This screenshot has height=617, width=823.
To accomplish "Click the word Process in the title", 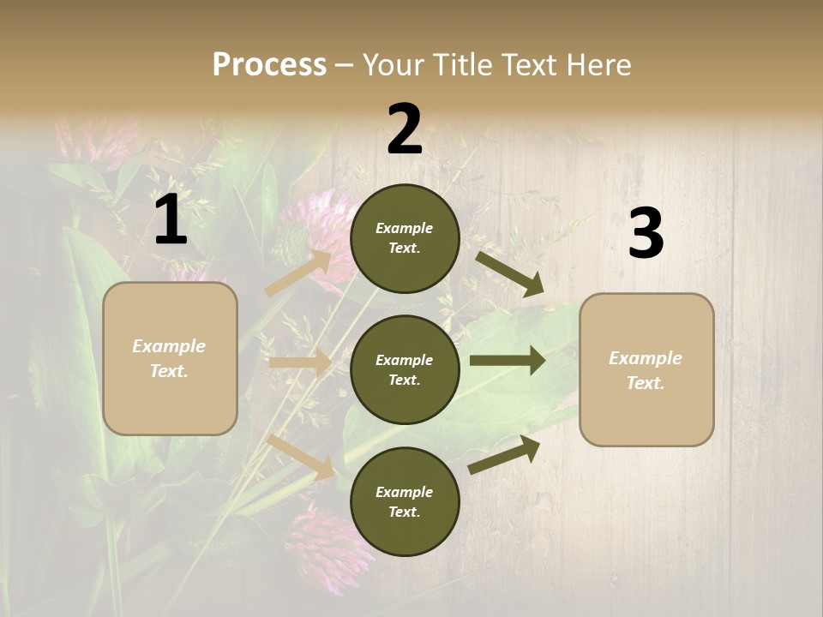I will pos(269,65).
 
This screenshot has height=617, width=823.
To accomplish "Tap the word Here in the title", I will pos(597,65).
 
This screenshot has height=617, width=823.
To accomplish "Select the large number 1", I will pos(171,220).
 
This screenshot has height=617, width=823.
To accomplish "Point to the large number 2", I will pos(405,129).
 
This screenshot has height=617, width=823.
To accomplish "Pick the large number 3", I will pos(646,234).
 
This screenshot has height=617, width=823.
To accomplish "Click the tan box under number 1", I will pos(170,358).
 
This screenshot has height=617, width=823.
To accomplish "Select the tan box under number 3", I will pos(646,370).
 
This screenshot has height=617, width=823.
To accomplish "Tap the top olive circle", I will pos(405,238).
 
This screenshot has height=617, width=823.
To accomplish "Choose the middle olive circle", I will pos(405,369).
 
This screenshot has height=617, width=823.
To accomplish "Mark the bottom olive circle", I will pos(405,501).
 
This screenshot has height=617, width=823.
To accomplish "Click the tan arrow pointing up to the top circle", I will pos(298,273).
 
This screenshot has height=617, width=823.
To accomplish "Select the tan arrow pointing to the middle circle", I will pos(300,362).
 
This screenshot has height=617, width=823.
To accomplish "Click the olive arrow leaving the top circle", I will pos(510,273).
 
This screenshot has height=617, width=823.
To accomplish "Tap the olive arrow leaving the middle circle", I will pos(508,361).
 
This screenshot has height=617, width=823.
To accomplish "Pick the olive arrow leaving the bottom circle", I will pos(505,453).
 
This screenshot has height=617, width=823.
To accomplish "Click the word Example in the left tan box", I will pos(169,346).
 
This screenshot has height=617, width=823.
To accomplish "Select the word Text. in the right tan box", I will pos(646,383).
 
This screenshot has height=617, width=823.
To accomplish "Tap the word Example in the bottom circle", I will pos(405,492).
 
